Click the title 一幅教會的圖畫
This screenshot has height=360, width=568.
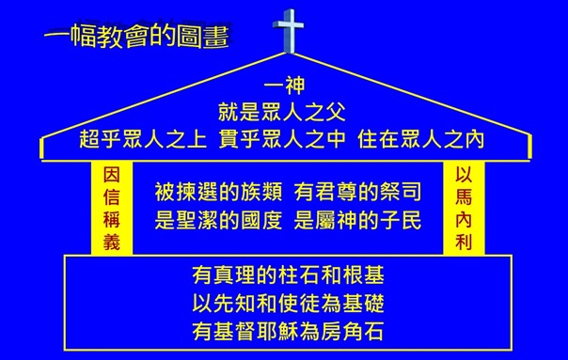[136, 37]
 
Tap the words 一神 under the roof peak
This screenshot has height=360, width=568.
[283, 89]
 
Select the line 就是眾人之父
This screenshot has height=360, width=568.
[283, 115]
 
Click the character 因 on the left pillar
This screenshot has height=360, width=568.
[111, 174]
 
